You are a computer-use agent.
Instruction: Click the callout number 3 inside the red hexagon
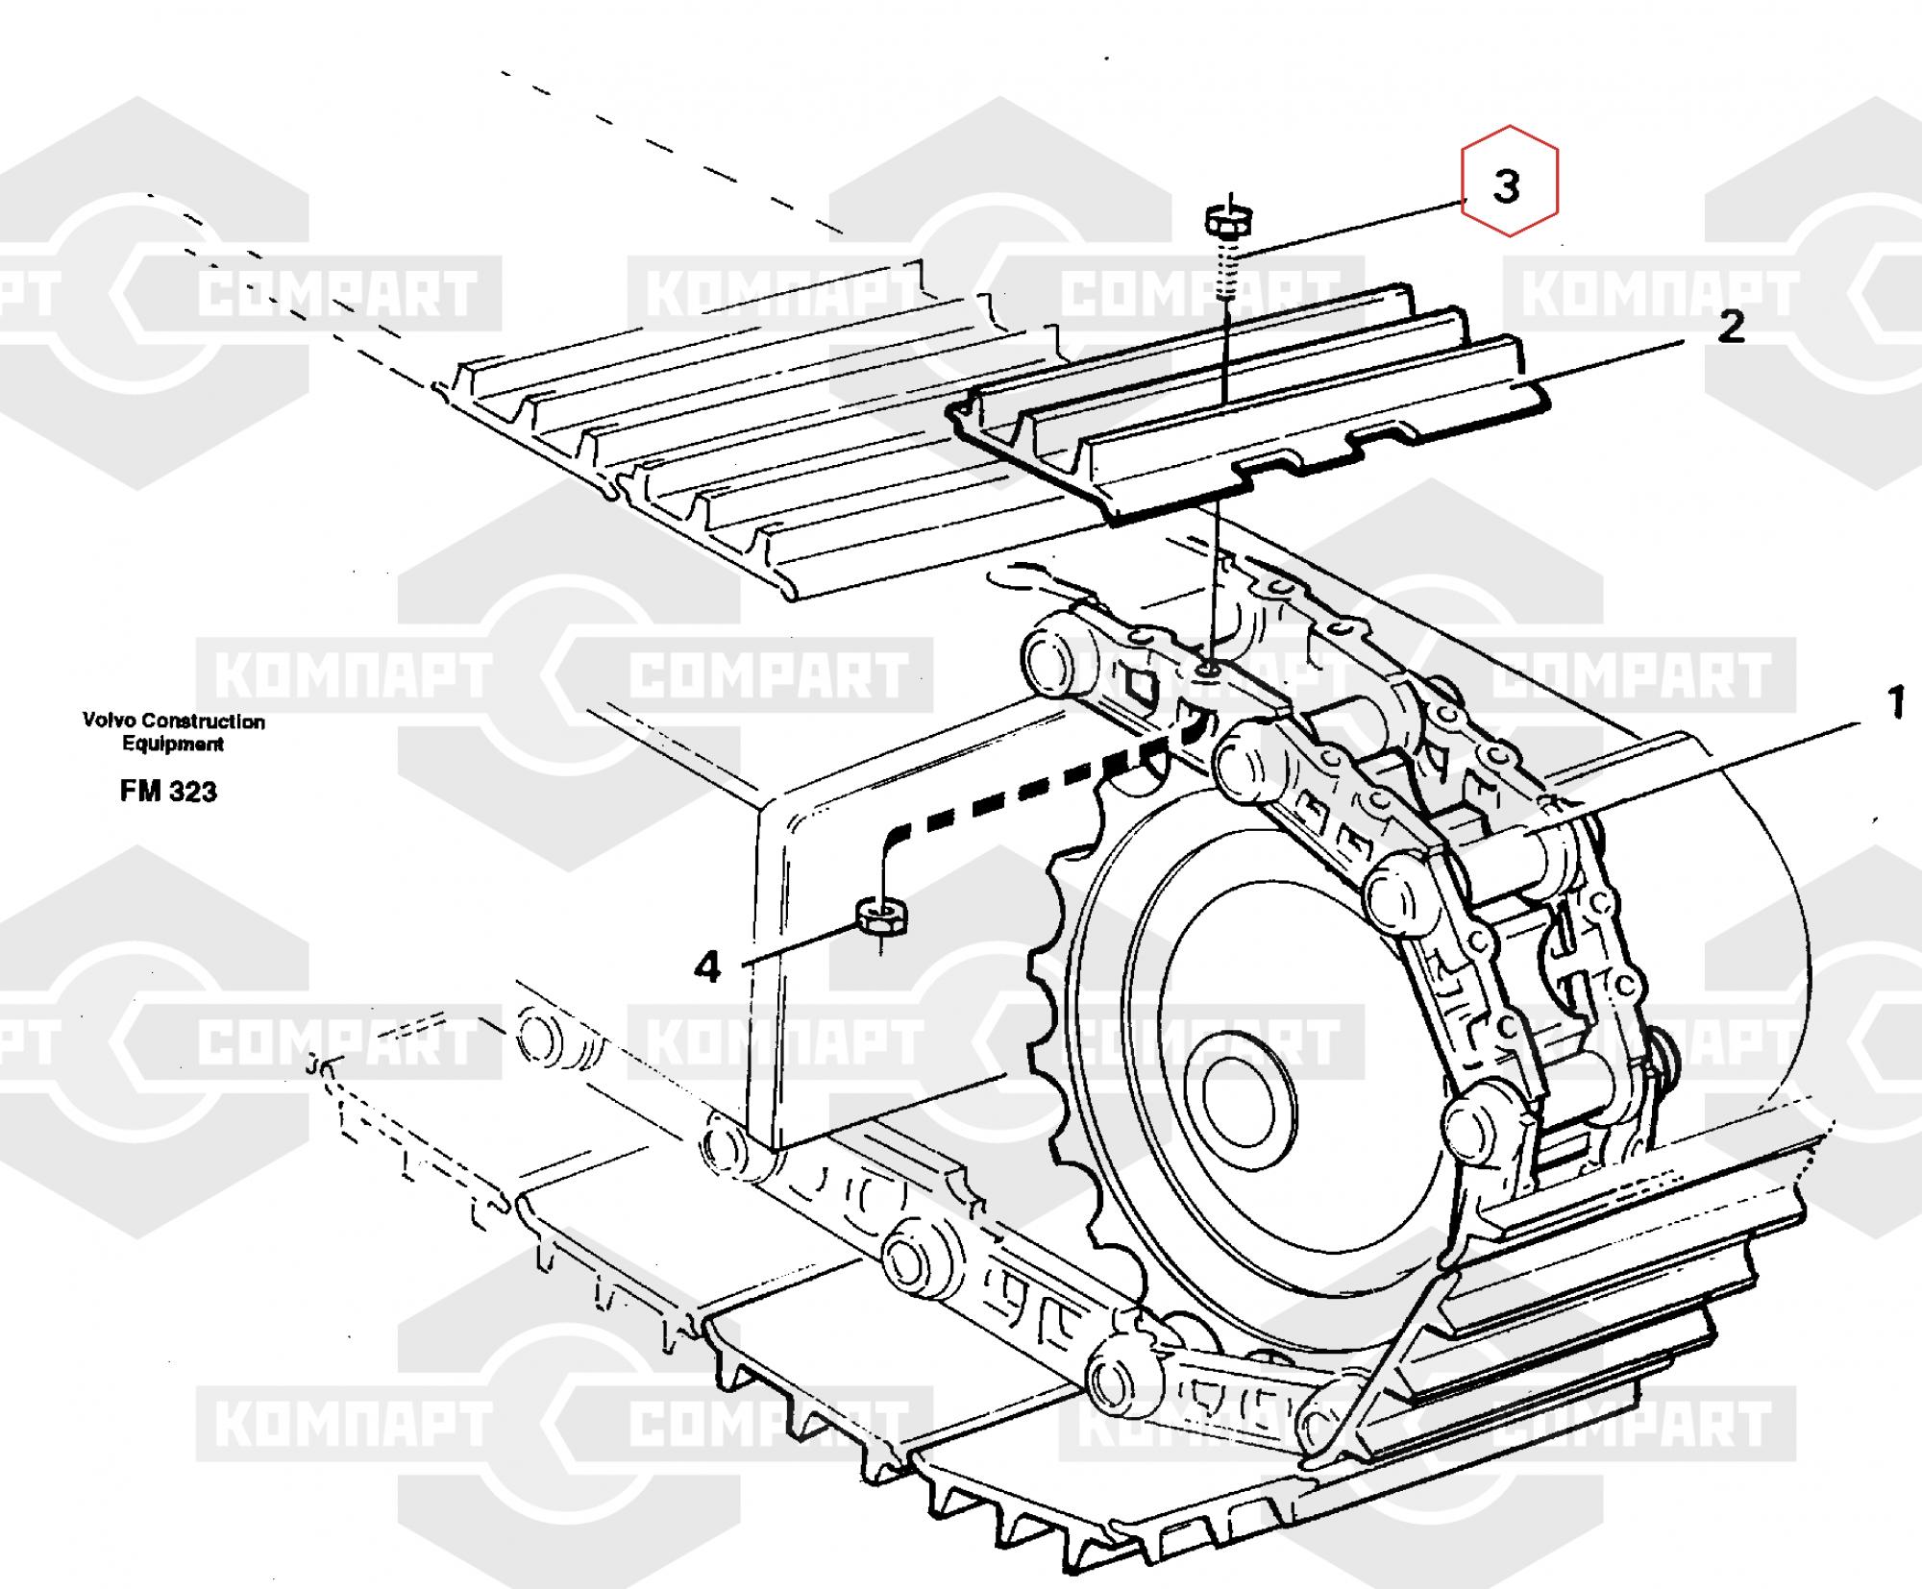[x=1507, y=186]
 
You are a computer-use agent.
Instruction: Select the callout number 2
[x=1730, y=329]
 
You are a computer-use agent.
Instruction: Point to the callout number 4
[x=707, y=967]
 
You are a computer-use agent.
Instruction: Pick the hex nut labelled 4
[x=879, y=917]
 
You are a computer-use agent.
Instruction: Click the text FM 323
[x=168, y=792]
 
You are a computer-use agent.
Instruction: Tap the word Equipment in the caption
[x=173, y=744]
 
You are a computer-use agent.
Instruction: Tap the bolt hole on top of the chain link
[x=1207, y=668]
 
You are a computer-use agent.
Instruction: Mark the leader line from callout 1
[x=1711, y=769]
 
